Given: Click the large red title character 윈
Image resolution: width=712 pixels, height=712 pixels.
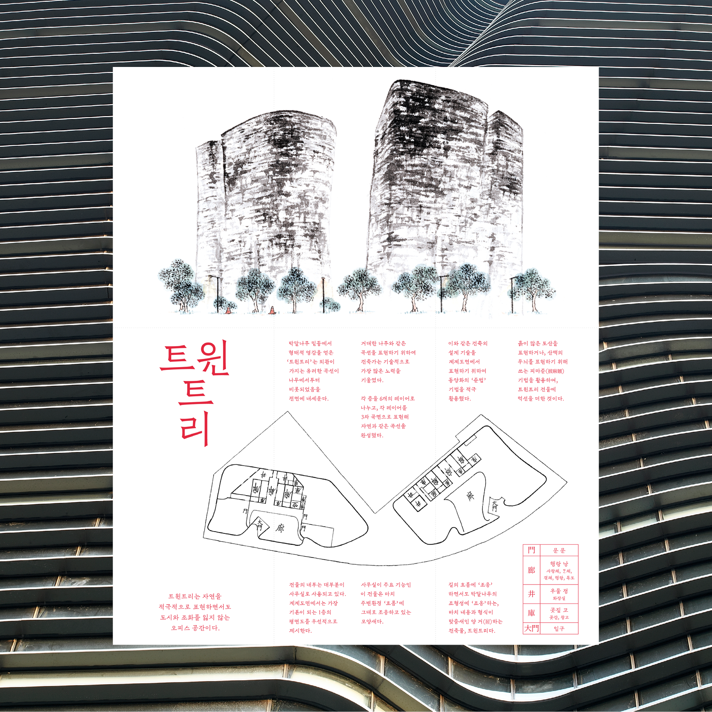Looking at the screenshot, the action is [x=213, y=359].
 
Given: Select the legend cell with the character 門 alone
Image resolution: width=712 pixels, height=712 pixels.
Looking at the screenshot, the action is [x=531, y=550].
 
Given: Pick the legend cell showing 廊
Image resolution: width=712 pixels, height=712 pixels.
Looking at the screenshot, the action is [x=531, y=570].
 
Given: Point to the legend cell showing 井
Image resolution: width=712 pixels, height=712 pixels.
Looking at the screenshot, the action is [x=531, y=594].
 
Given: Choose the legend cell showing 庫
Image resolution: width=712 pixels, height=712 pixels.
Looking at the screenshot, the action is [x=531, y=613].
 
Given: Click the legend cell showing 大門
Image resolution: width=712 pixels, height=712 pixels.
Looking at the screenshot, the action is [x=531, y=629].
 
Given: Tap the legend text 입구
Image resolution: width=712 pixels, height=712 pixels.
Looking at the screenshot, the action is [x=559, y=629].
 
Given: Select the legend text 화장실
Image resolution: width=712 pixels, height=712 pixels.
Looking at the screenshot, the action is [x=559, y=598].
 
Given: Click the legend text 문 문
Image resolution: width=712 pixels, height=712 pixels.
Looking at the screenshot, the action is [x=559, y=551].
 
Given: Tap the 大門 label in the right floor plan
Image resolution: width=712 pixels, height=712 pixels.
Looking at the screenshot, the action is [x=495, y=506].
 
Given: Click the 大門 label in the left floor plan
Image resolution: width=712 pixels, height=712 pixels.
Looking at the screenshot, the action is [x=260, y=524].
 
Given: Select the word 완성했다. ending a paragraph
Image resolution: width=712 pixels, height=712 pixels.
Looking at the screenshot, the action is [x=372, y=435].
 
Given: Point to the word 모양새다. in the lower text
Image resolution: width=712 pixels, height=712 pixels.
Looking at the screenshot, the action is [x=372, y=621].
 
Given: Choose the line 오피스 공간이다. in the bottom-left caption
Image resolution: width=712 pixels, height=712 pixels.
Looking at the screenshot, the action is [x=195, y=628].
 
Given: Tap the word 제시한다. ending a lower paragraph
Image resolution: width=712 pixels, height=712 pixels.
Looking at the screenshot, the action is [x=300, y=631].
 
